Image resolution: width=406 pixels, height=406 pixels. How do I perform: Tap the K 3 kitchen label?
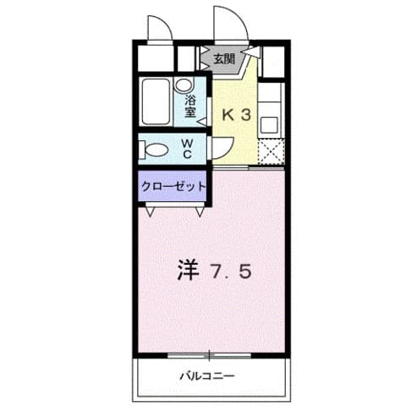(236, 115)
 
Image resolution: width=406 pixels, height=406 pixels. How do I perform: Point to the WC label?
(189, 149)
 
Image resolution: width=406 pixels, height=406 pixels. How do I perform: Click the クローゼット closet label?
(173, 186)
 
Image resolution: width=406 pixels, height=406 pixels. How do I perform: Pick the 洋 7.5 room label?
(213, 272)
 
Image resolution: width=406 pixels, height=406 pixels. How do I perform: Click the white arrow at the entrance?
(250, 53)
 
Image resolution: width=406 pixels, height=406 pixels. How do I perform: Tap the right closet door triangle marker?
(200, 212)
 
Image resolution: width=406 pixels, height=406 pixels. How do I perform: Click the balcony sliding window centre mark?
(204, 354)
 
